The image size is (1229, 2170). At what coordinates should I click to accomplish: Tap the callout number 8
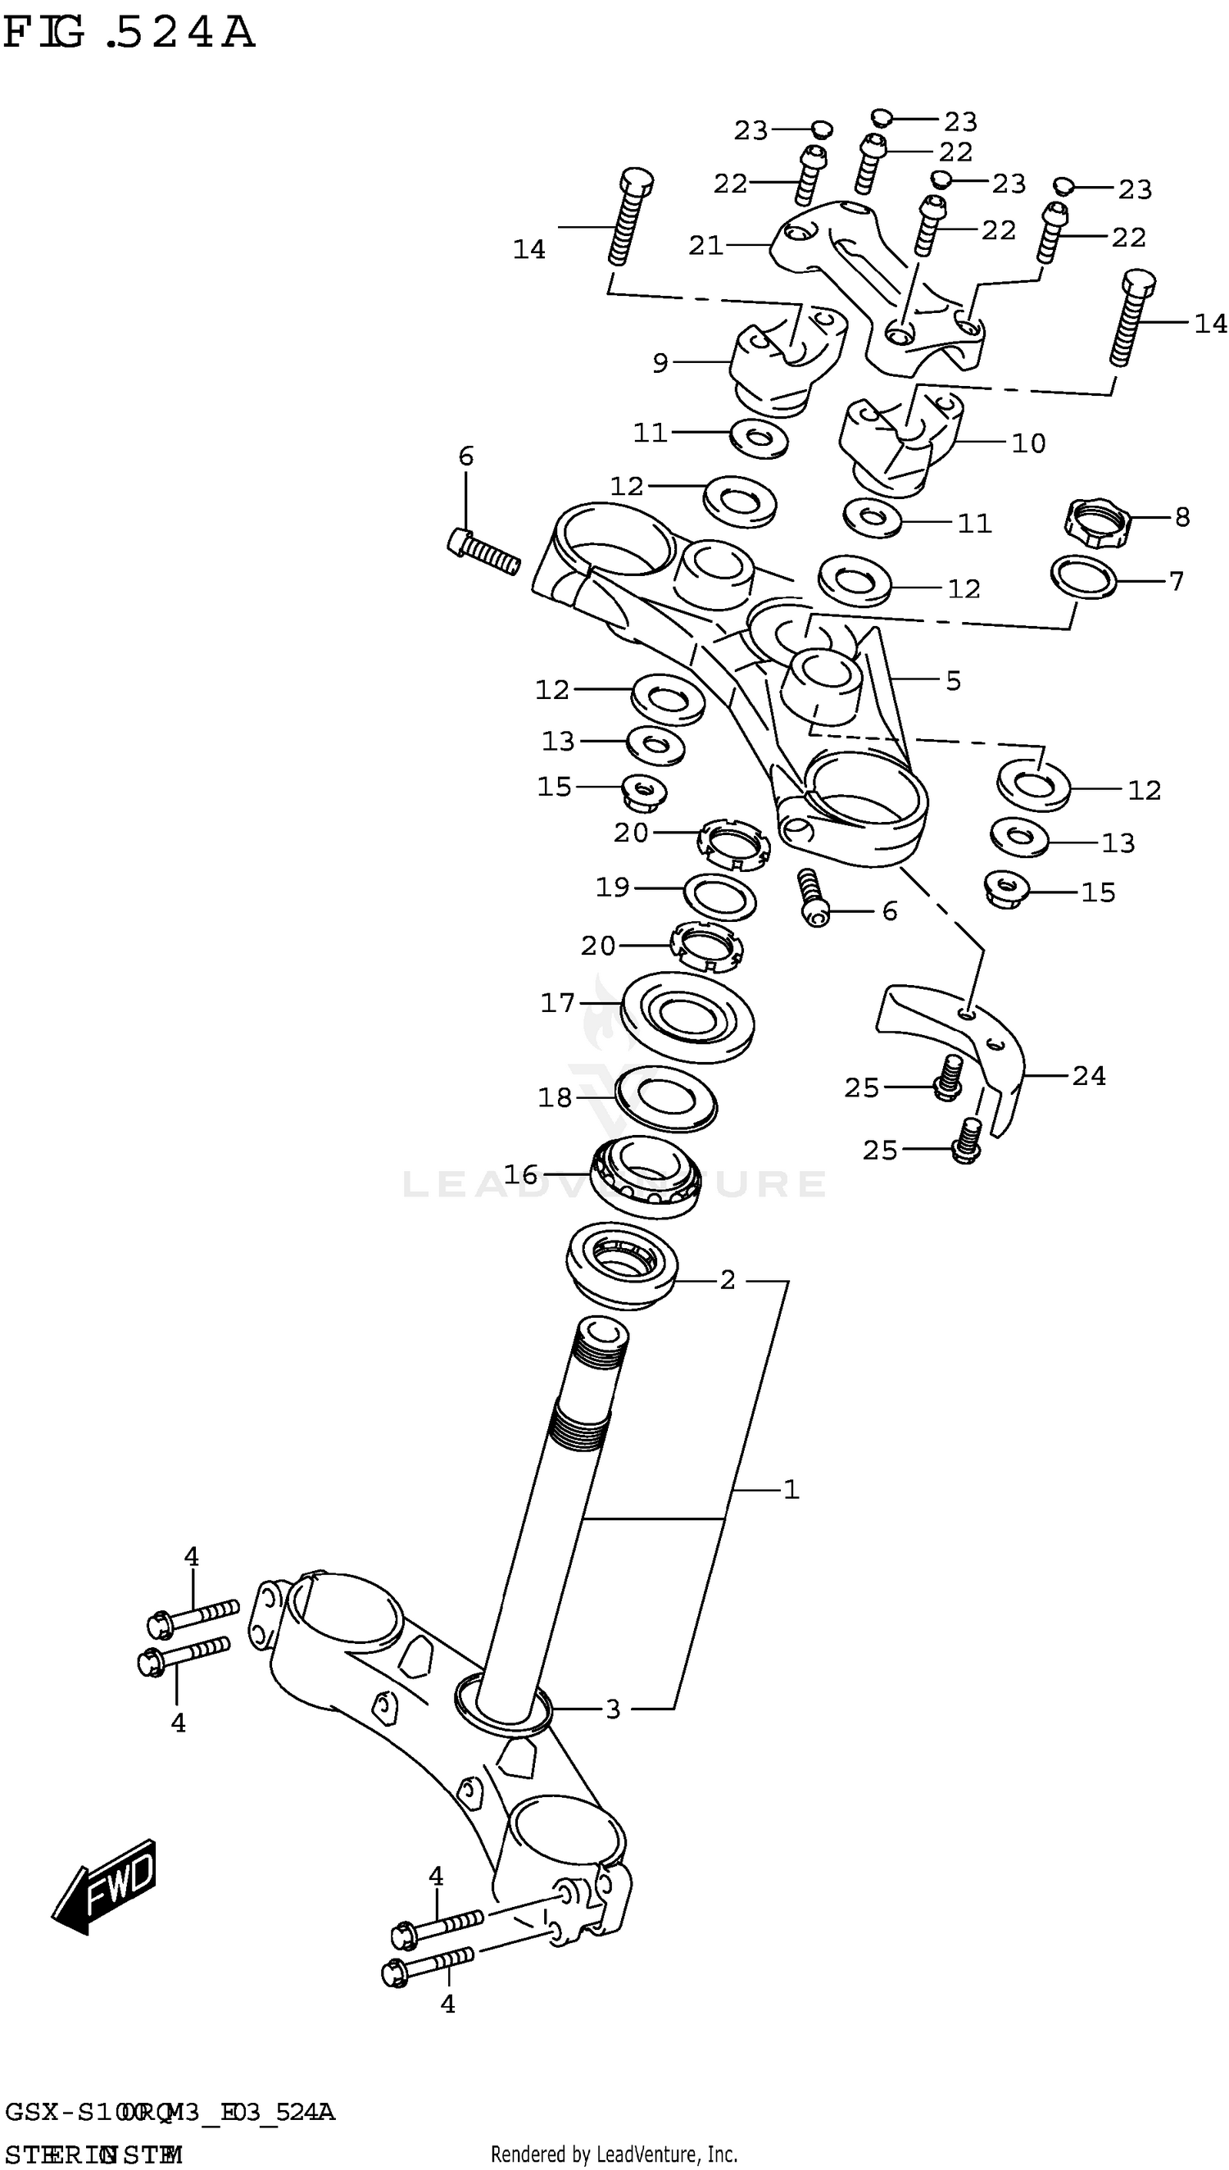pyautogui.click(x=1181, y=517)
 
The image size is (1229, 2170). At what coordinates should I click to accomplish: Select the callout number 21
pyautogui.click(x=705, y=246)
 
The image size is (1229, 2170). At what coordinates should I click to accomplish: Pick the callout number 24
pyautogui.click(x=1088, y=1075)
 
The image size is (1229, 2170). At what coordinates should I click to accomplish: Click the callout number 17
pyautogui.click(x=557, y=1003)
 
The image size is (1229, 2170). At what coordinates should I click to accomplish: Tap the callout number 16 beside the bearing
pyautogui.click(x=520, y=1174)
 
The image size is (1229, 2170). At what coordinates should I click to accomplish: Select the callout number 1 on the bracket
pyautogui.click(x=790, y=1489)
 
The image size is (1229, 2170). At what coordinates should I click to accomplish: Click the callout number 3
pyautogui.click(x=613, y=1709)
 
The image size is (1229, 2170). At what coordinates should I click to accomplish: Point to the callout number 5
pyautogui.click(x=953, y=680)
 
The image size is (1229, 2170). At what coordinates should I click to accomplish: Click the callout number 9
pyautogui.click(x=660, y=363)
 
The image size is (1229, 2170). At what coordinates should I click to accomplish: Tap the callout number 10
pyautogui.click(x=1028, y=443)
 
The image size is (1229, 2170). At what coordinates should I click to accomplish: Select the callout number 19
pyautogui.click(x=612, y=887)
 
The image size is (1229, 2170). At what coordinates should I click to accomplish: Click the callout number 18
pyautogui.click(x=555, y=1097)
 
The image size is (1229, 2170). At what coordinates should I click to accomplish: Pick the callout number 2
pyautogui.click(x=727, y=1279)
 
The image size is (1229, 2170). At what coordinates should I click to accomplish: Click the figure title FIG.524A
pyautogui.click(x=129, y=34)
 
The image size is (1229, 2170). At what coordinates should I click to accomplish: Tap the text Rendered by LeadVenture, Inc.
pyautogui.click(x=614, y=2154)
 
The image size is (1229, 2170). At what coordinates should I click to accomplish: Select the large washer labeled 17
pyautogui.click(x=687, y=1017)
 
